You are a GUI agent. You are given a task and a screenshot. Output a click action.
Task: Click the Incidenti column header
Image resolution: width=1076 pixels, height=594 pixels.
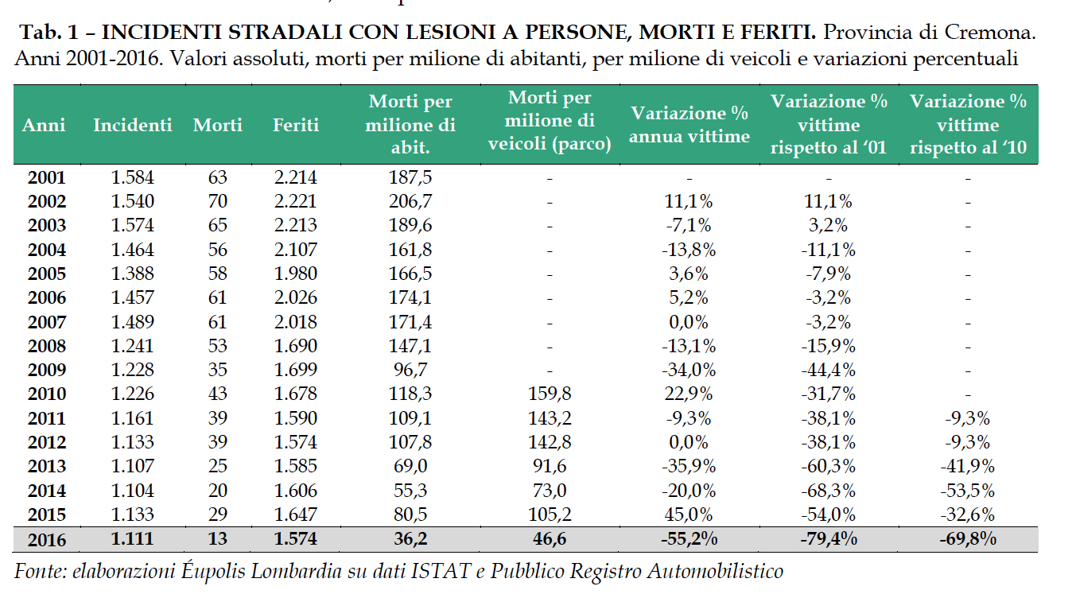132,125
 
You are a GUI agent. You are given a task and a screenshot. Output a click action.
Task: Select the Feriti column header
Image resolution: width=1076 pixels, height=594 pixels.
295,125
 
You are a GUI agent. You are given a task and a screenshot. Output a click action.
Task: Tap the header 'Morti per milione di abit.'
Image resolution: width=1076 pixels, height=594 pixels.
410,125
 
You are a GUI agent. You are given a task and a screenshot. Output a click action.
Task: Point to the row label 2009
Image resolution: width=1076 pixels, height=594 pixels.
46,370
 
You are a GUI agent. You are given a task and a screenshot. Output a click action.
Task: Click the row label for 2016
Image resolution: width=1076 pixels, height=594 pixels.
46,539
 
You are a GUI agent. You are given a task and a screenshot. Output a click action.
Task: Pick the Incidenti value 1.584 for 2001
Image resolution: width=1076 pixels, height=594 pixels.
133,177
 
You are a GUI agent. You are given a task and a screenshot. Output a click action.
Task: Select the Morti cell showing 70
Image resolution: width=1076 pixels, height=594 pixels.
217,201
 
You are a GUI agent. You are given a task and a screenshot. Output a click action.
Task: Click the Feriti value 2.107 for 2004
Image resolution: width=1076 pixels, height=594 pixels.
295,250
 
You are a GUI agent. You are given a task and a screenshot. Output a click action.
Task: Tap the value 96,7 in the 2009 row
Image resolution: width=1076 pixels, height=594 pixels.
410,370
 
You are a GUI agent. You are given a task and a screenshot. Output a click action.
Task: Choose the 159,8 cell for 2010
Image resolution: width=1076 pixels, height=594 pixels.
550,394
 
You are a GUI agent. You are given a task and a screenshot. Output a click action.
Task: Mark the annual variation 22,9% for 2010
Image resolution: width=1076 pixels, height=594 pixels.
689,394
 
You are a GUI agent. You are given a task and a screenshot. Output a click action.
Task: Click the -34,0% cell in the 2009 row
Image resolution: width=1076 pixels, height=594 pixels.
689,370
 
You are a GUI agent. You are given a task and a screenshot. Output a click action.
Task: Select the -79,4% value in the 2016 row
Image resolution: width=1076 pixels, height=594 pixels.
828,539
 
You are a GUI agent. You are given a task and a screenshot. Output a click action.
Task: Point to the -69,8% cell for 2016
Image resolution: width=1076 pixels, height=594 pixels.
968,539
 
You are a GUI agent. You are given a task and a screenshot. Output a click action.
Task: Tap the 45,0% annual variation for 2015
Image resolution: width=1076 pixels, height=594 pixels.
689,514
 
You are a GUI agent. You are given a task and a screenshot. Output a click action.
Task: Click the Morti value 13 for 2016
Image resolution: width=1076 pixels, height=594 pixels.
217,539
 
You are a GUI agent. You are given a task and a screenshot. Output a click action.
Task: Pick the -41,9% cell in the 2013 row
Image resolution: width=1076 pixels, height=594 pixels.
968,466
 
